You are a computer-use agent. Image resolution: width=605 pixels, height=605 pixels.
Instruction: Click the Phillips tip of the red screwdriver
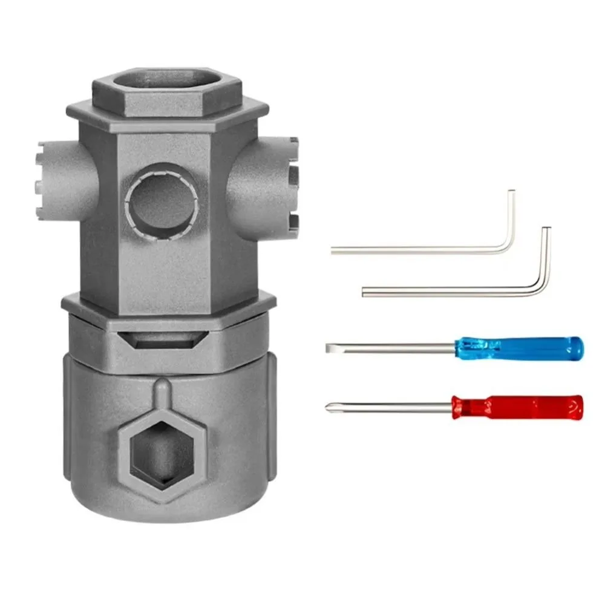click(x=329, y=406)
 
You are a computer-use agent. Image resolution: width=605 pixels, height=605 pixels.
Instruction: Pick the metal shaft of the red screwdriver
click(x=393, y=405)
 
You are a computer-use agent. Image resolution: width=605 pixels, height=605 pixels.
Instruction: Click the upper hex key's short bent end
click(x=511, y=218)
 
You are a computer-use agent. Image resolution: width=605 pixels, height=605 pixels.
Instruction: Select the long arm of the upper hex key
click(x=417, y=250)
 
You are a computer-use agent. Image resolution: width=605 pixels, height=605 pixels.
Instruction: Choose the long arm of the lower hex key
click(x=448, y=293)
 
